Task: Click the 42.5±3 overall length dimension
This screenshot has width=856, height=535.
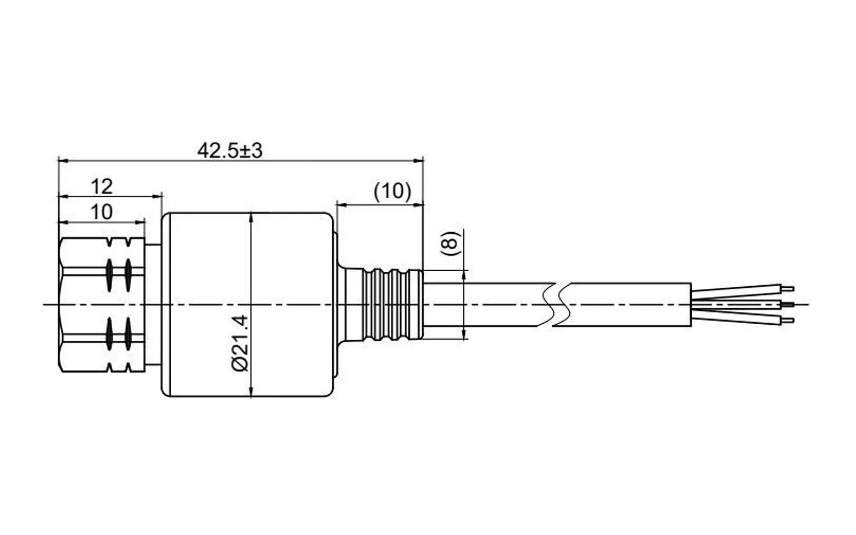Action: (230, 150)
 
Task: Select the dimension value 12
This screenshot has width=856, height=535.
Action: (102, 187)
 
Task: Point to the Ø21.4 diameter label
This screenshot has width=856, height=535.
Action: (240, 343)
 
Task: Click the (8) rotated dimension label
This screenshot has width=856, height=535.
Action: (451, 243)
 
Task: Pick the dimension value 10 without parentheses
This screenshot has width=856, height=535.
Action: (102, 212)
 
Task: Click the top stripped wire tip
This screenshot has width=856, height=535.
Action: (788, 289)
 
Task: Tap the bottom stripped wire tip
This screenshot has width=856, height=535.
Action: (788, 320)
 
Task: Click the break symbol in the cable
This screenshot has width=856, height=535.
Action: (554, 304)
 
